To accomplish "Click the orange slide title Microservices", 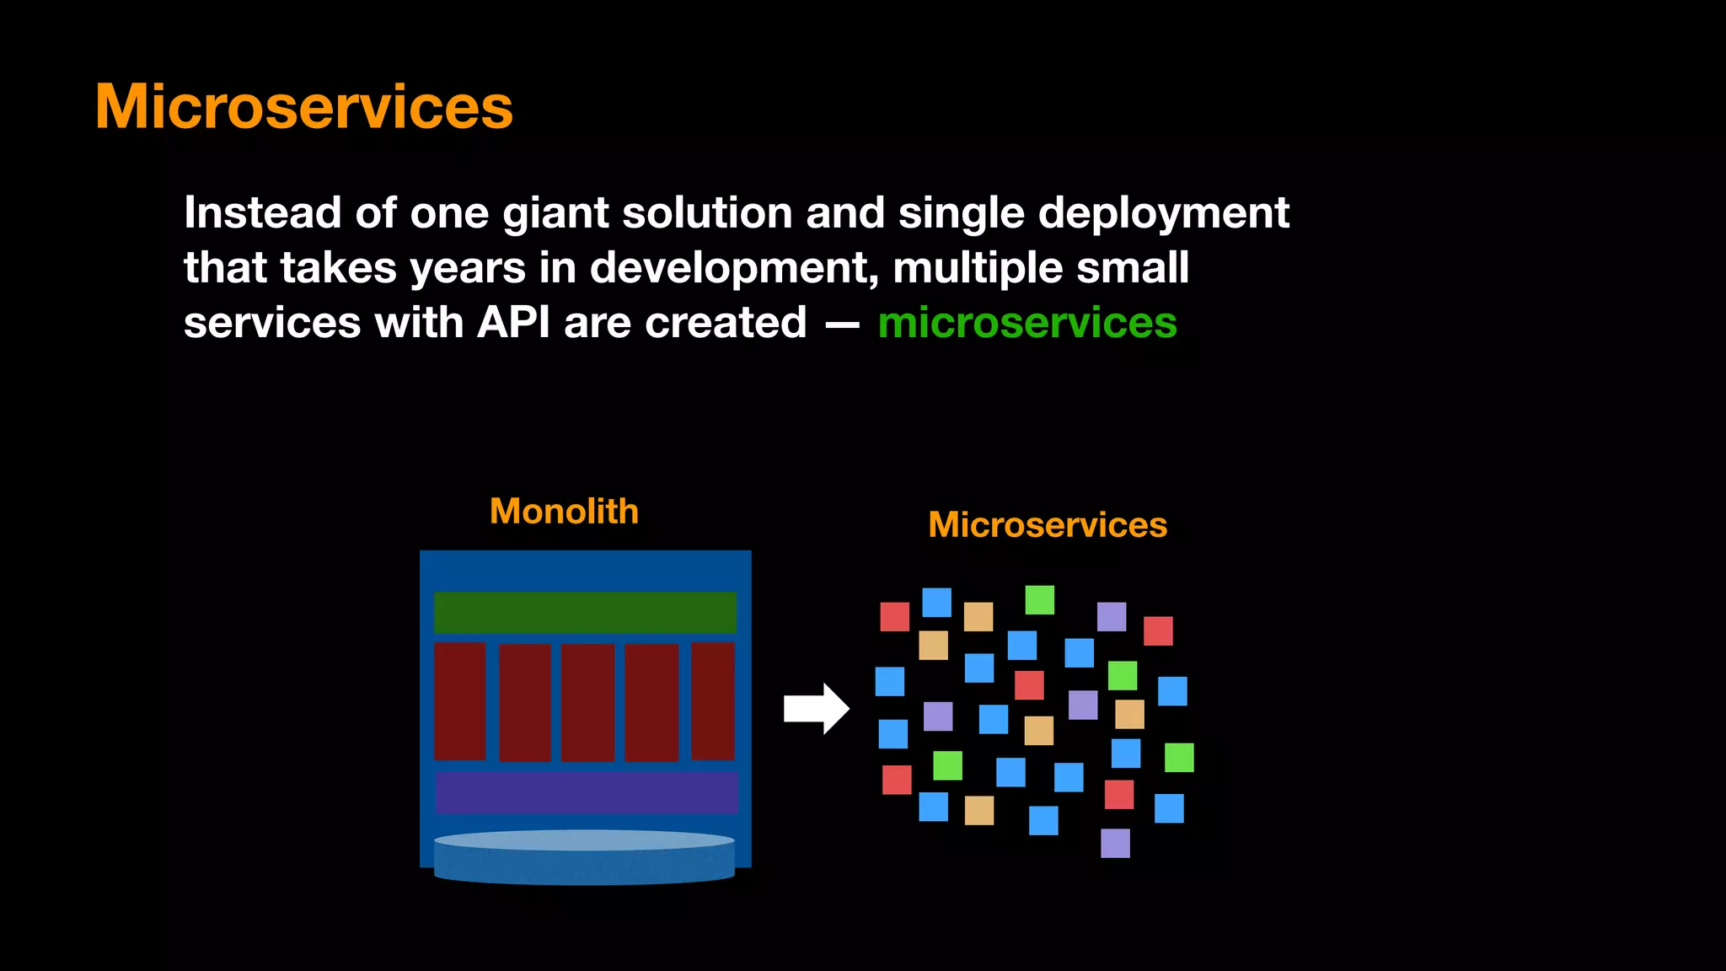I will tap(303, 107).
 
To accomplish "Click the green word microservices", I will tap(1026, 324).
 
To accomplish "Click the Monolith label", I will tap(564, 512).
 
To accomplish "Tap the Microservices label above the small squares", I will tap(1047, 525).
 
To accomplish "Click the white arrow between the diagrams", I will tap(815, 709).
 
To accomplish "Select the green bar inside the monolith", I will tap(585, 613).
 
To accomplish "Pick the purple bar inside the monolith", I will tap(587, 792).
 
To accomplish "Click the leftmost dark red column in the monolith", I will tap(459, 701).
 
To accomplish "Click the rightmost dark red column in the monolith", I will tap(712, 701).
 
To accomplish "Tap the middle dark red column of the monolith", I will tap(587, 703).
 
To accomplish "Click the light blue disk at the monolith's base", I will tap(584, 856).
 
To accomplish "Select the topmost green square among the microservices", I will tap(1039, 600).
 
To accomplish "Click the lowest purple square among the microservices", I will tap(1115, 843).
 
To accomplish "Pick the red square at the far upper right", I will tap(1158, 630).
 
